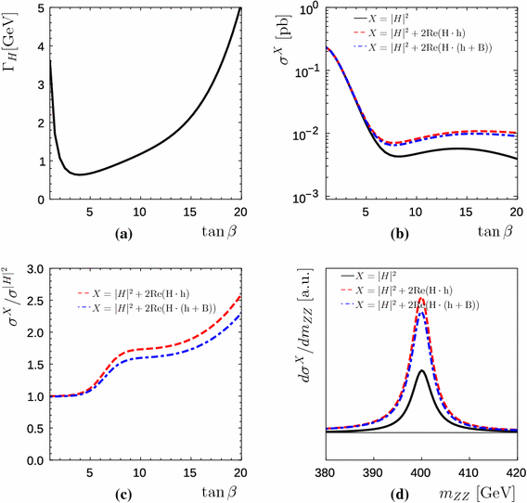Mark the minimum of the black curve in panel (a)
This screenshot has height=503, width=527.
(81, 174)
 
